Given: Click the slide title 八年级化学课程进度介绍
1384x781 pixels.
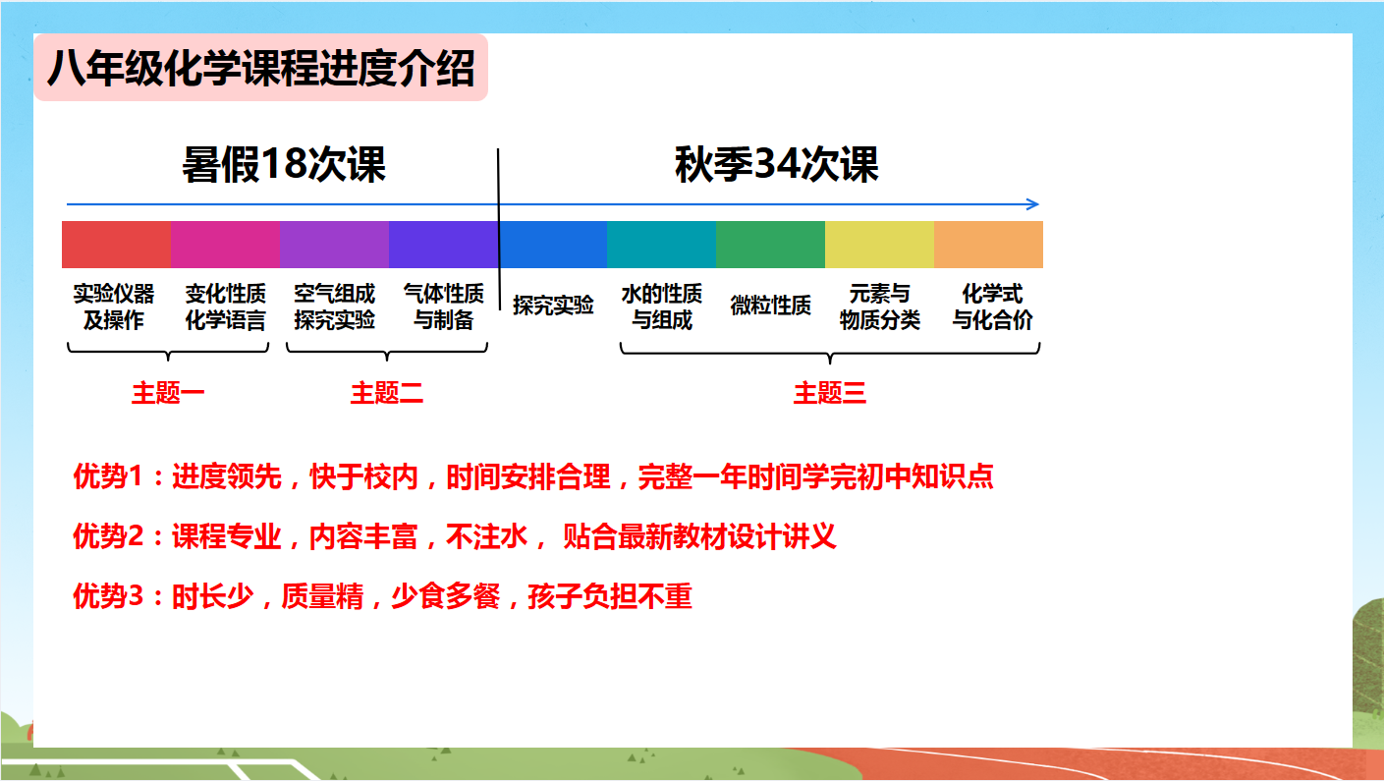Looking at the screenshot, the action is [x=260, y=68].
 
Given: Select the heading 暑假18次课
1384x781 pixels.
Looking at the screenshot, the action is [x=284, y=164].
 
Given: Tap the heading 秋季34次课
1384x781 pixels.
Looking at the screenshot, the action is [x=776, y=164].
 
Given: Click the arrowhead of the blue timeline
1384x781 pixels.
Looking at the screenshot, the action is [x=1033, y=204].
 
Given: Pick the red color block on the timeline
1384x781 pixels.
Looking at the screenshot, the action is [x=116, y=245].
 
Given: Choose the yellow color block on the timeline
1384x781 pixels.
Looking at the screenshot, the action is [x=879, y=245].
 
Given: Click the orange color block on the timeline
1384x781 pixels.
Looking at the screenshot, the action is [x=988, y=245].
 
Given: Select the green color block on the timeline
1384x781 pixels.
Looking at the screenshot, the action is [x=770, y=245].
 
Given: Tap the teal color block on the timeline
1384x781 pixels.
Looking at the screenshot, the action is [x=662, y=245].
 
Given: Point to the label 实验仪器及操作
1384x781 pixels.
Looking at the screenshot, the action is [x=114, y=307].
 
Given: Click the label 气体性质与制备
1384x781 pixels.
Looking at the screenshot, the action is [x=444, y=307].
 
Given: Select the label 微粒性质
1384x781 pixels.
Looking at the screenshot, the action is [x=770, y=306].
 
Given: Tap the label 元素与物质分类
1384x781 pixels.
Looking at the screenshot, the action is [x=880, y=307].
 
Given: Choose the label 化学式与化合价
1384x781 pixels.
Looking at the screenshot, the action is [x=992, y=307].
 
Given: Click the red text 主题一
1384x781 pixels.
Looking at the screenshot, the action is [x=167, y=393].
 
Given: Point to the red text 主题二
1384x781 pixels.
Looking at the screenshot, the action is [x=387, y=393].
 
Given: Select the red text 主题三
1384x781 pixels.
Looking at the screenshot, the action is [x=830, y=393].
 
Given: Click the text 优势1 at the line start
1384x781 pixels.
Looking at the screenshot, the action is [x=108, y=476].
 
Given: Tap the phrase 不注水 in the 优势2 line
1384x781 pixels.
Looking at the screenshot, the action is [x=487, y=536].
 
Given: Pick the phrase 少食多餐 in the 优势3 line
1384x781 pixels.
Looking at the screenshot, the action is [x=446, y=596].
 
